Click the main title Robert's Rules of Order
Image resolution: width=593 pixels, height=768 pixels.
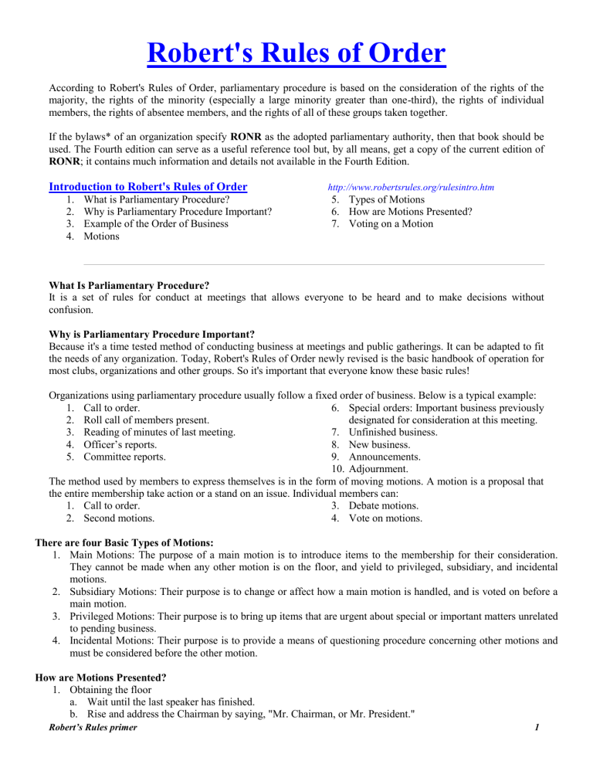[296, 55]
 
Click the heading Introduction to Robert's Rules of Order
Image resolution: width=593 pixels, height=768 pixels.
[147, 186]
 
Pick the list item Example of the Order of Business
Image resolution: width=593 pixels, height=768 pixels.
[155, 224]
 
